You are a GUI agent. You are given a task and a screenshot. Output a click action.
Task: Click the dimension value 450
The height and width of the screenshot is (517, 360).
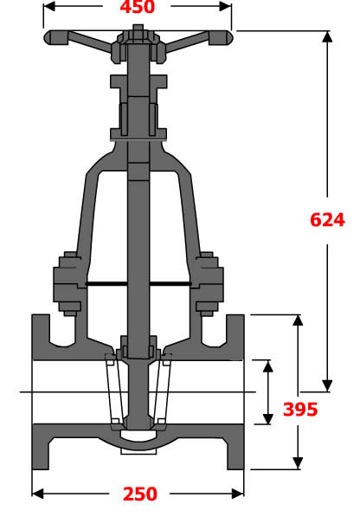pos(137,8)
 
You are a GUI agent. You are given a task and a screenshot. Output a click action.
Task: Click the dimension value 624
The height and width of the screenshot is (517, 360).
pos(327,219)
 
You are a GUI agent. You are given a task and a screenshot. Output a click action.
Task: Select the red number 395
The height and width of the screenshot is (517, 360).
pos(300,409)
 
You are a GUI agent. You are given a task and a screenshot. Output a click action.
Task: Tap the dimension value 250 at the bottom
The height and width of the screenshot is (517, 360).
pos(139,494)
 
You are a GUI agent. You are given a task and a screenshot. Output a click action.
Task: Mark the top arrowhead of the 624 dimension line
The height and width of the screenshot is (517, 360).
pos(326,37)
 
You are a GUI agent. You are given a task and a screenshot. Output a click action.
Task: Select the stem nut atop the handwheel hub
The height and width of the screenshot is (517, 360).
pos(138,32)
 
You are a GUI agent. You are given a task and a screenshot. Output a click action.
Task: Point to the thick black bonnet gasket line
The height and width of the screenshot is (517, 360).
pos(138,284)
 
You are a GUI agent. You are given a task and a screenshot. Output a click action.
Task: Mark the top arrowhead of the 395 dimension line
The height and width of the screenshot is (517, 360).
pos(298,321)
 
